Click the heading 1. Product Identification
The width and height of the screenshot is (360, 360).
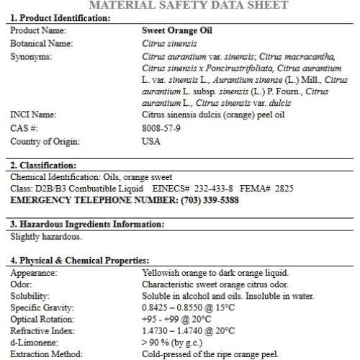[x=60, y=17]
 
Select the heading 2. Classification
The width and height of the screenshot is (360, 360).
[x=43, y=165]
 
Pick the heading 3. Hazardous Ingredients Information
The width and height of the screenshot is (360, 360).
[x=87, y=224]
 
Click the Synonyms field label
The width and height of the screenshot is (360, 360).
[x=31, y=55]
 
